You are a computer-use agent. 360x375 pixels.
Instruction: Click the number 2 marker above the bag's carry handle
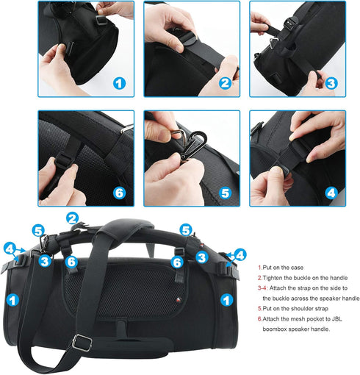coord(72,218)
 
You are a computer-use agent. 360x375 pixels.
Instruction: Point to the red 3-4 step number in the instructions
coord(265,289)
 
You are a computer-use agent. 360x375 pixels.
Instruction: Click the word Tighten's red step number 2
coord(259,279)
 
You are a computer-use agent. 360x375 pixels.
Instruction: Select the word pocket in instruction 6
coord(321,319)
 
